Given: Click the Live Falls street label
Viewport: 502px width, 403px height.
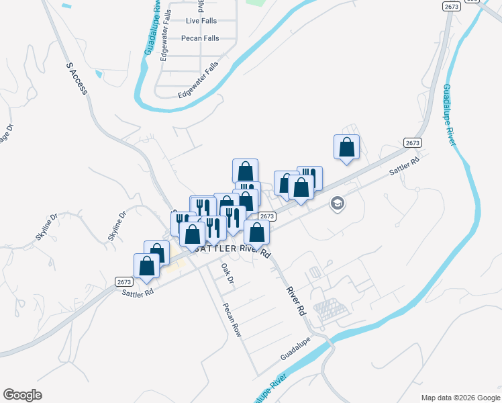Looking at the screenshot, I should pos(202,21).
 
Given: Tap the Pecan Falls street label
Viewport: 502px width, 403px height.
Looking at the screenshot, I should pos(200,38).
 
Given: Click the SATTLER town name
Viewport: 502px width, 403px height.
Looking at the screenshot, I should pos(217,249).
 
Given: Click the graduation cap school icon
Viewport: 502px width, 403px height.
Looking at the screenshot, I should pos(337,203).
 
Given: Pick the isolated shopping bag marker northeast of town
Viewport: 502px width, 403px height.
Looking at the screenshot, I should pos(346,147).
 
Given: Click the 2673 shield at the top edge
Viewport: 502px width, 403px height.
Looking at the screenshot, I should pos(451,6).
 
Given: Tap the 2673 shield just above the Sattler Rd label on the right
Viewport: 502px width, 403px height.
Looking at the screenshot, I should pos(413,143).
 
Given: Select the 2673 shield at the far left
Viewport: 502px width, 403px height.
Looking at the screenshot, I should pos(123,281).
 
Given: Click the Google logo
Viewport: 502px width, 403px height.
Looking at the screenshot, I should pos(22,395).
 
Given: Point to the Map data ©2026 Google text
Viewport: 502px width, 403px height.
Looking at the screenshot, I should pos(460,398).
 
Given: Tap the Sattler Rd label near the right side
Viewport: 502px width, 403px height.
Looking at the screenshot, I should pos(405,167).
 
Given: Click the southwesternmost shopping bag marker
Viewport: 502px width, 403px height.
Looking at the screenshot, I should pos(146,266).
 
